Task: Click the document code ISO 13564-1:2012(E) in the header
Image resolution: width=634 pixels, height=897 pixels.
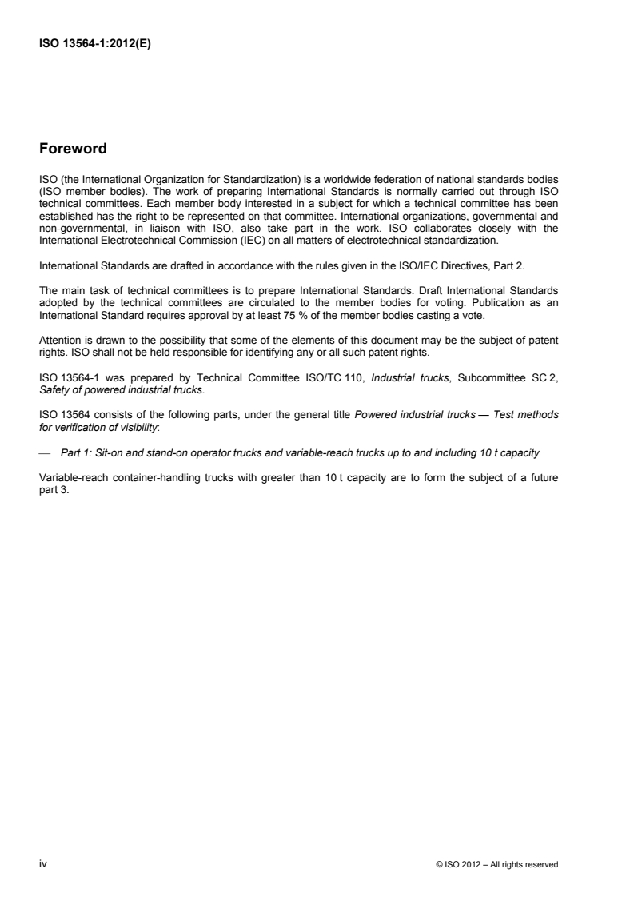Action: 95,46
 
